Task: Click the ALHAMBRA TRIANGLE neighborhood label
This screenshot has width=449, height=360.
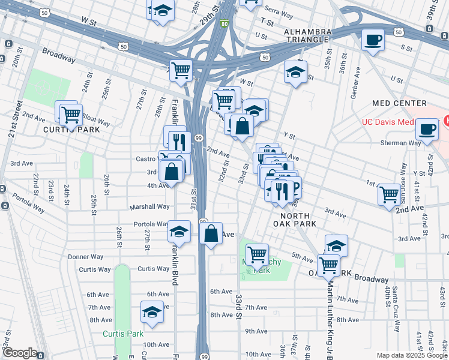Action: point(307,35)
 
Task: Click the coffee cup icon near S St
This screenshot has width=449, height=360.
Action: point(373,40)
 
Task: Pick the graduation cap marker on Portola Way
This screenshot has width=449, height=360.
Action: point(179,231)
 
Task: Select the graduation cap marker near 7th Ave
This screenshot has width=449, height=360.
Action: point(152,312)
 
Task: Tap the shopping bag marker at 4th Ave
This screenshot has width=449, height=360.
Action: point(172,171)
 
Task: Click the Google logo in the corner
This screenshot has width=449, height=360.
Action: point(20,353)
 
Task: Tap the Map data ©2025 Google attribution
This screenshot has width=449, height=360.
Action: point(411,355)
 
